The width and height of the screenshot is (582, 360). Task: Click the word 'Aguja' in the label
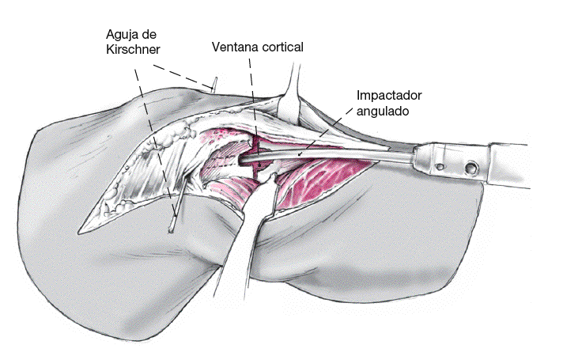tap(123, 36)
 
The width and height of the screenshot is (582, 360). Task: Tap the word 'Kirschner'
tap(133, 50)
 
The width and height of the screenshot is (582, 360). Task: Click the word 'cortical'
tap(283, 47)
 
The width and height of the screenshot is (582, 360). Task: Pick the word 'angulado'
tap(383, 112)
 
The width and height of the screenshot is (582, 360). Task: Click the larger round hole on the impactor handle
tap(471, 169)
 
